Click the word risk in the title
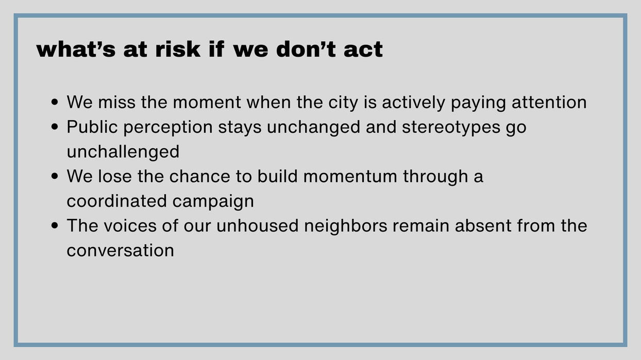pyautogui.click(x=177, y=49)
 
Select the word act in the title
pyautogui.click(x=363, y=50)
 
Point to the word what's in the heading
pyautogui.click(x=76, y=49)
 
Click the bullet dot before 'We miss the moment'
pyautogui.click(x=55, y=102)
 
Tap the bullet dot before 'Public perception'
pyautogui.click(x=55, y=127)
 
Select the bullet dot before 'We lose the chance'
pyautogui.click(x=55, y=176)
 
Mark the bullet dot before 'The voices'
pyautogui.click(x=55, y=226)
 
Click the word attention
pyautogui.click(x=549, y=102)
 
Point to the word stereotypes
pyautogui.click(x=451, y=128)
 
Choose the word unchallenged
pyautogui.click(x=123, y=151)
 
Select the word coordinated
pyautogui.click(x=117, y=201)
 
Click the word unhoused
pyautogui.click(x=257, y=226)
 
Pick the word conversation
pyautogui.click(x=121, y=251)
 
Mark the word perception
pyautogui.click(x=168, y=128)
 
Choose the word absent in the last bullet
pyautogui.click(x=483, y=226)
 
